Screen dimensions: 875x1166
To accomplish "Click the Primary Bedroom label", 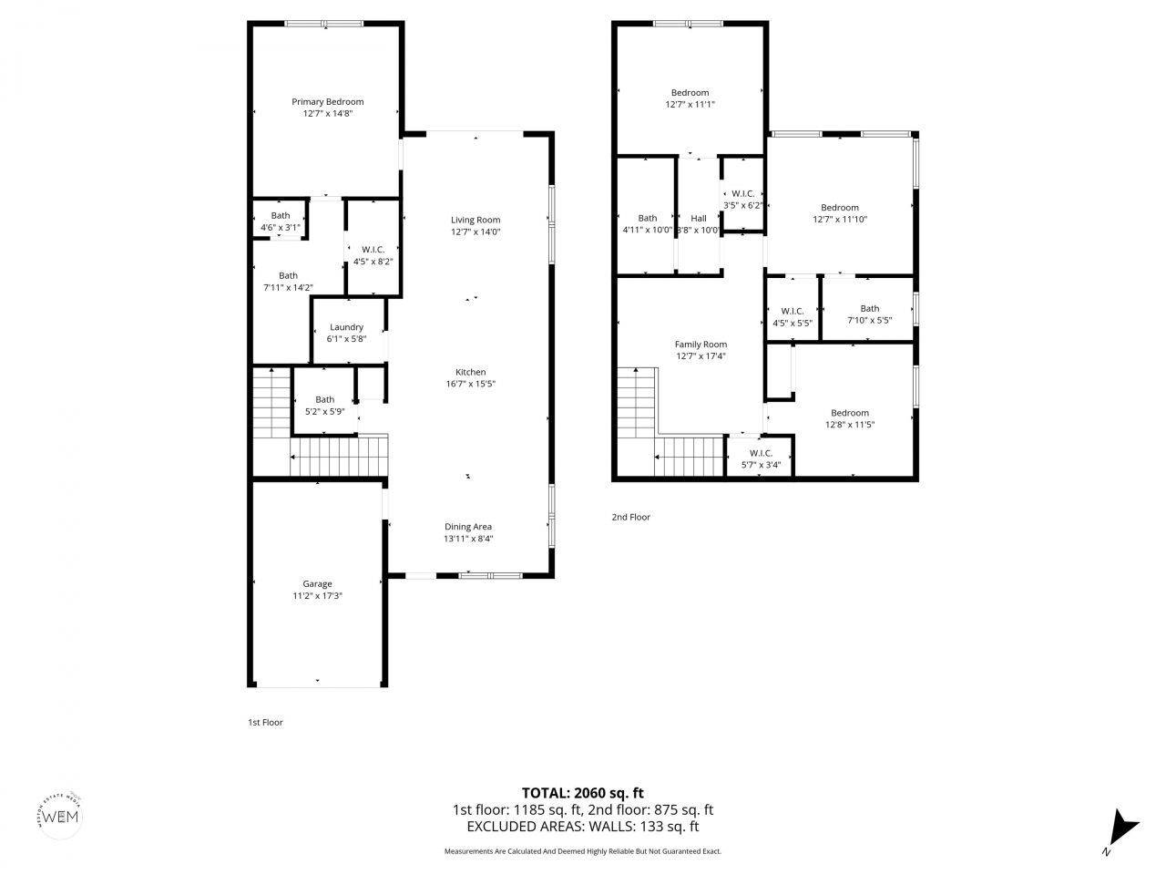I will click(x=327, y=102).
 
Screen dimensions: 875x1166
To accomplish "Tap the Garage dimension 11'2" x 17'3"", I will click(x=317, y=595).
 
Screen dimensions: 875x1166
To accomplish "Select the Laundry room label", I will click(x=346, y=327).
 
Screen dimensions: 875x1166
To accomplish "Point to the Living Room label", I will click(x=476, y=220).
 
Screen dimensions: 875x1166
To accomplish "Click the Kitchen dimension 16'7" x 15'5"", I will click(x=470, y=384).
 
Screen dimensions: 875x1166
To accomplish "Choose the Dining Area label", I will click(x=468, y=527).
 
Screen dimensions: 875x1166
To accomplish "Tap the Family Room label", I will click(x=701, y=345).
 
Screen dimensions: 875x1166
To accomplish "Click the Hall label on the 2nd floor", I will click(x=699, y=219).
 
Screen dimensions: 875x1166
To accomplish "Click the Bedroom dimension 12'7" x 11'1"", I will click(x=690, y=105).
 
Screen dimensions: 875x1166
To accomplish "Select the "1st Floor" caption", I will click(x=266, y=723).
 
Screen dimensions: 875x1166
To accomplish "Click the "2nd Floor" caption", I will click(x=630, y=518).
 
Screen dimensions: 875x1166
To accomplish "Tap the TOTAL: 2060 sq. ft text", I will click(x=582, y=793).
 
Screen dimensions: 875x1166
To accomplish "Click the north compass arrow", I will click(x=1121, y=829).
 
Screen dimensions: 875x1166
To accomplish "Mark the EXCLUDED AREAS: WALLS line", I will click(x=582, y=827).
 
